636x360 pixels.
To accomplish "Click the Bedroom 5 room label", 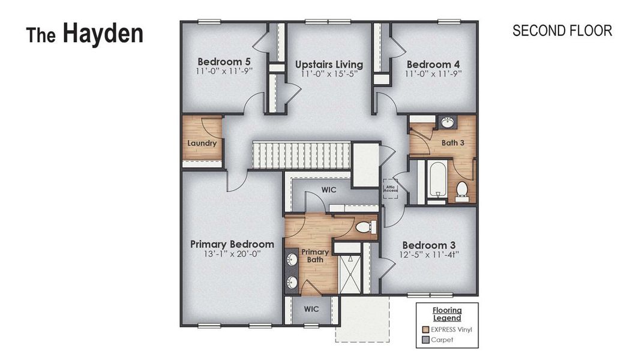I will pyautogui.click(x=224, y=62).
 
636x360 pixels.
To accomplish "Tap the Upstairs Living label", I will pyautogui.click(x=329, y=64).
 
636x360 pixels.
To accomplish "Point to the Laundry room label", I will pyautogui.click(x=202, y=143).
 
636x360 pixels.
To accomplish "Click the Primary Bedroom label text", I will pyautogui.click(x=232, y=244).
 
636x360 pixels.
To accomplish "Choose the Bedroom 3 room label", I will pyautogui.click(x=428, y=245).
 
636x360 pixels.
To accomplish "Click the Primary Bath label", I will pyautogui.click(x=315, y=256).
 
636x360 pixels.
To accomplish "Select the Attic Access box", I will pyautogui.click(x=391, y=188).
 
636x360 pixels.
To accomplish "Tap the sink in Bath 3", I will pyautogui.click(x=447, y=122).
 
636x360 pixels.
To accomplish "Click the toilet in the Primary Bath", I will pyautogui.click(x=365, y=227).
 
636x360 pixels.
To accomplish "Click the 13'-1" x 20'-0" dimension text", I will pyautogui.click(x=232, y=254).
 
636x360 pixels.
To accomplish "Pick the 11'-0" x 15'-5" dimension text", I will pyautogui.click(x=329, y=74).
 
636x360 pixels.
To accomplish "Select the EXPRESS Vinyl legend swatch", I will pyautogui.click(x=425, y=329).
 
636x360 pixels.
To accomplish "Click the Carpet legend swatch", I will pyautogui.click(x=425, y=340).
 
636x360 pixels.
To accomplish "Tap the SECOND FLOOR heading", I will pyautogui.click(x=562, y=31).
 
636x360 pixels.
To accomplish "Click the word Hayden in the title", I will pyautogui.click(x=103, y=34).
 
